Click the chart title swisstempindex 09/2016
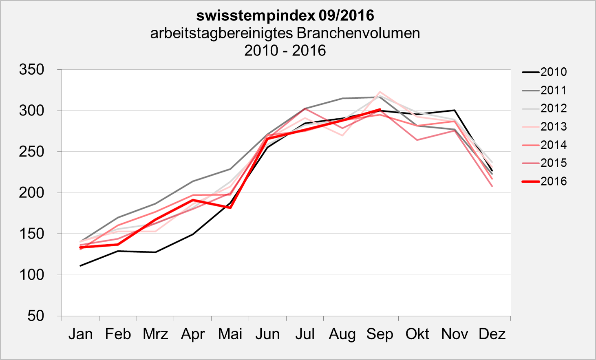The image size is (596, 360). click(285, 15)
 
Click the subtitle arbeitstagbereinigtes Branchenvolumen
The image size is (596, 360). click(285, 33)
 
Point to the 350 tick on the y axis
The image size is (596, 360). click(32, 70)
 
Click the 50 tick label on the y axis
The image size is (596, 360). click(36, 316)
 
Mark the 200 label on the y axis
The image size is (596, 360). click(32, 193)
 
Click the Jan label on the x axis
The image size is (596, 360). click(80, 334)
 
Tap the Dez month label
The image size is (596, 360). click(492, 334)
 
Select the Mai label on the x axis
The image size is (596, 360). click(230, 334)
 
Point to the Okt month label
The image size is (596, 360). click(417, 334)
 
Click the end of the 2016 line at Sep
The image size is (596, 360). click(380, 109)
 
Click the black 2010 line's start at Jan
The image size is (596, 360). click(80, 266)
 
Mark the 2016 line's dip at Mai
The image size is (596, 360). click(230, 208)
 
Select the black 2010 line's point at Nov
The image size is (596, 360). click(455, 110)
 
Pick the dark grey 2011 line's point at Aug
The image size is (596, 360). click(342, 98)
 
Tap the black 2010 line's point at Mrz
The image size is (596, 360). click(155, 252)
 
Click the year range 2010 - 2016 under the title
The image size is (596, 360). click(285, 51)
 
